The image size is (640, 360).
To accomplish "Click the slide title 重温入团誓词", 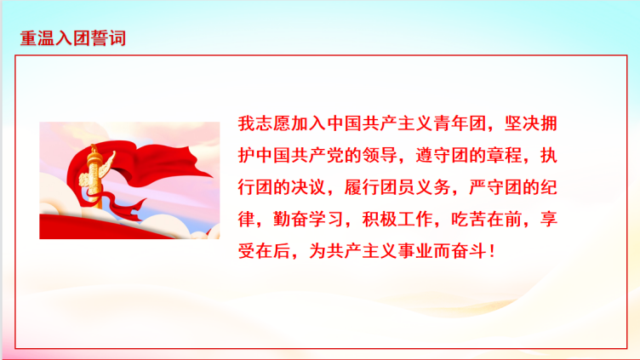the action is (x=73, y=38).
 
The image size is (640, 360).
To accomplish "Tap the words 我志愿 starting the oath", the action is (x=265, y=123).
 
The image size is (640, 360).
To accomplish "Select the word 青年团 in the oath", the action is (x=460, y=123).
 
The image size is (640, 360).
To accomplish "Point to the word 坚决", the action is (x=522, y=123).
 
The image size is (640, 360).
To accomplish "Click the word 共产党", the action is (x=317, y=156).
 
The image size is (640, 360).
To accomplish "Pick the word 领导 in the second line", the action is (x=380, y=156).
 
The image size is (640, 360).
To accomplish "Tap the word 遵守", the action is (x=433, y=156).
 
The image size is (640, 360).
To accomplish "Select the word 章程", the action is (x=504, y=156).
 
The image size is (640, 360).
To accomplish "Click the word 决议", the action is (x=309, y=187).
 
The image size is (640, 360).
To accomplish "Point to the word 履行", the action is (x=362, y=187).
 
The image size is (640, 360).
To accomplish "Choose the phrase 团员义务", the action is (x=415, y=187).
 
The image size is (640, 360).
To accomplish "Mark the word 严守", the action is (x=487, y=187).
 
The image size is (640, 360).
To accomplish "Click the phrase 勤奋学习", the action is (x=309, y=220).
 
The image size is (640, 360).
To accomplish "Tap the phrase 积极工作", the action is (x=397, y=220).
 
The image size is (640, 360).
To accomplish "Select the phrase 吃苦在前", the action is (x=487, y=220).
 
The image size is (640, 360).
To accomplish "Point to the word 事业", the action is (x=415, y=251).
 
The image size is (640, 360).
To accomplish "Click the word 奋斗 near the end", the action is (x=469, y=251).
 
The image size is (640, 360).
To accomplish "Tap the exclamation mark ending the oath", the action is (x=492, y=251).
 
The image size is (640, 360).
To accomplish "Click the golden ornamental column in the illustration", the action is (x=94, y=176).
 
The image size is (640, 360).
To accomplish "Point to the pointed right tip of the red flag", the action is (x=213, y=176).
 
